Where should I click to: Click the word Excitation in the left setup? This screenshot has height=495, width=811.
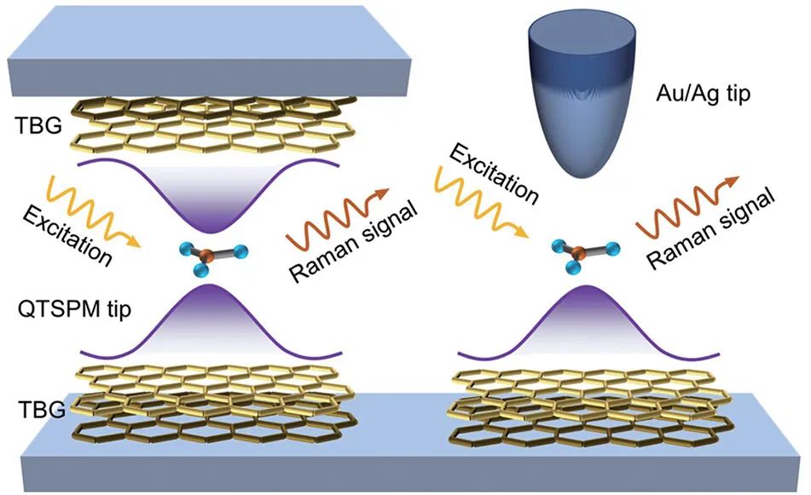(69, 228)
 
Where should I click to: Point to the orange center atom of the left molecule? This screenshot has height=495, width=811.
(207, 252)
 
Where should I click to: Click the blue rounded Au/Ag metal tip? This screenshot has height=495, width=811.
(582, 111)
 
